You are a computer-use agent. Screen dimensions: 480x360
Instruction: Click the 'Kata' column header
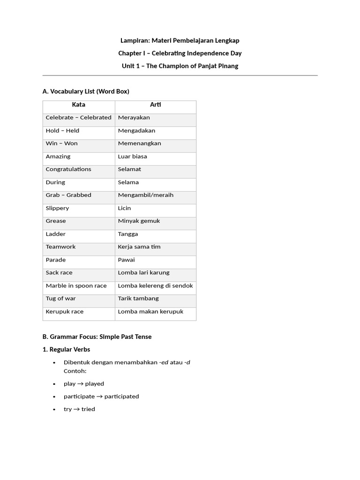click(78, 105)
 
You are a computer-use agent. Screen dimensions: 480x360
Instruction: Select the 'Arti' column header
click(156, 105)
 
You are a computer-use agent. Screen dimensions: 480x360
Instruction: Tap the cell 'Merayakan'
click(134, 118)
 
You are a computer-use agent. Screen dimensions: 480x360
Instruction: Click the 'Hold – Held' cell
click(62, 131)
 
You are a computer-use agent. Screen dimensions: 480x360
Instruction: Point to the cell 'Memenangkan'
click(139, 143)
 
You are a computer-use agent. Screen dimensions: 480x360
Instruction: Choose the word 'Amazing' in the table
click(58, 157)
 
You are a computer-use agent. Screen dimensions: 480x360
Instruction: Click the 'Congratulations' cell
click(68, 169)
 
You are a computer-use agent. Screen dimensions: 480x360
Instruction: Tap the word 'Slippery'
click(57, 208)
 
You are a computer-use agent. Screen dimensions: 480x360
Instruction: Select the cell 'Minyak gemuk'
click(139, 221)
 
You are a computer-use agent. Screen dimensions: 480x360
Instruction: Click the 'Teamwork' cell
click(60, 247)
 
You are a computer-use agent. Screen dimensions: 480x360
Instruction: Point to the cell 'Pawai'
click(126, 260)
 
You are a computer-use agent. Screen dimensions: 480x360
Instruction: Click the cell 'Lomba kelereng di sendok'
click(155, 285)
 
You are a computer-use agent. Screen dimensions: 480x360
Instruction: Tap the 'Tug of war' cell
click(60, 299)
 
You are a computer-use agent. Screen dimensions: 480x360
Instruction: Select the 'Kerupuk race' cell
click(65, 311)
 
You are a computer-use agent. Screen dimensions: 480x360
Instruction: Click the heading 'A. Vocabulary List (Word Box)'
click(86, 91)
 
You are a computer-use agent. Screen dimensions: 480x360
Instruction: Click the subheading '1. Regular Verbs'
click(66, 349)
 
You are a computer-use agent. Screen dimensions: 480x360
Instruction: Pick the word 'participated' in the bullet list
click(121, 397)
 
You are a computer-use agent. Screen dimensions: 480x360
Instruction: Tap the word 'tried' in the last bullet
click(88, 409)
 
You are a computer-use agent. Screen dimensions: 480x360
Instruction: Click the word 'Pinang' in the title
click(228, 66)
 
